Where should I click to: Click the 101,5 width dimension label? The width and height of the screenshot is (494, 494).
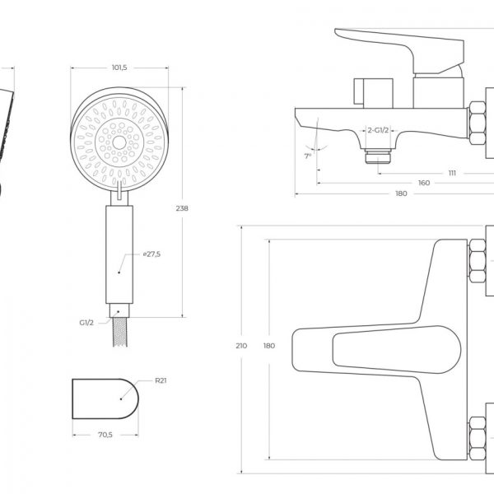[119, 68]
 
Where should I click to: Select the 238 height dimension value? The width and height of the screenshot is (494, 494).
[182, 208]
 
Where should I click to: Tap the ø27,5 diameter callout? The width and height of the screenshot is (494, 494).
[151, 254]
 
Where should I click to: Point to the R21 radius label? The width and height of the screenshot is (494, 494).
[161, 380]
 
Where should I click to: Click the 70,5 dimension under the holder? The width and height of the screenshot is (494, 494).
[105, 435]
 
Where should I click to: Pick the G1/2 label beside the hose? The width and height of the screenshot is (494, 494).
[86, 323]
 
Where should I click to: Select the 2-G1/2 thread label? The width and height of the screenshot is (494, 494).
[378, 130]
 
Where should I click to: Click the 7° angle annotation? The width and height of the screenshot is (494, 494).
[308, 156]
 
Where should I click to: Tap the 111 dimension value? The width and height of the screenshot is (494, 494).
[452, 173]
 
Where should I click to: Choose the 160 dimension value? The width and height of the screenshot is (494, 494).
[424, 183]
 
